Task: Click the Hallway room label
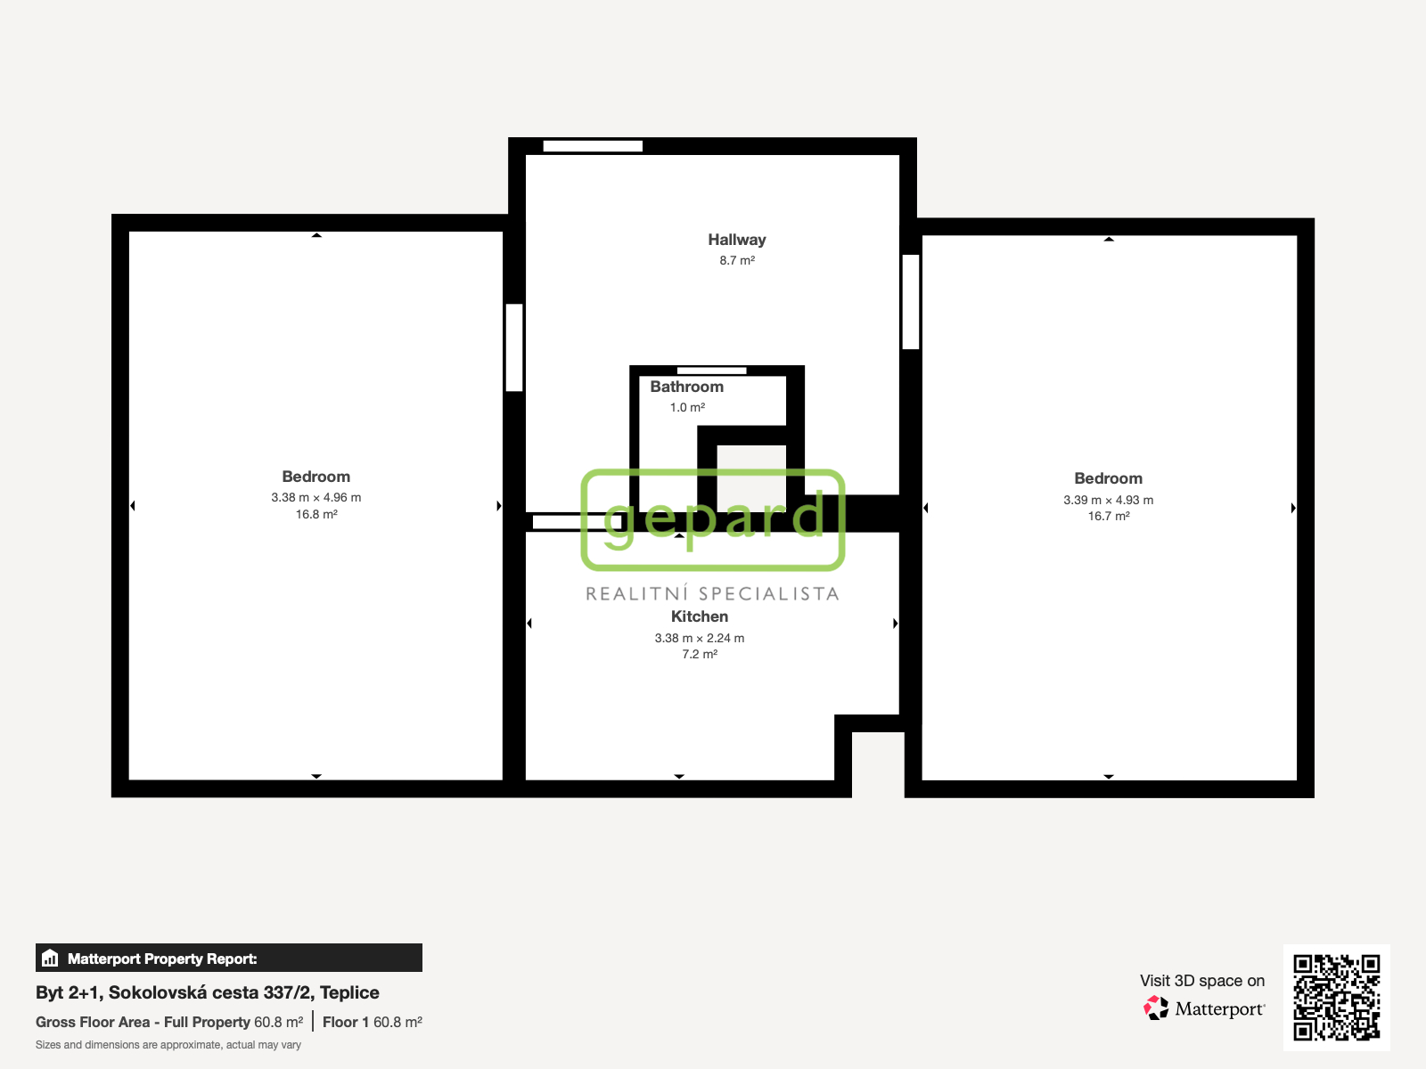737,240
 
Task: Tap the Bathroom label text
686,387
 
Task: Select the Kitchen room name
699,616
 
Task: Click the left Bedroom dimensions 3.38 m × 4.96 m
316,497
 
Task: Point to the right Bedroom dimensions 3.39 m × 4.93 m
1109,500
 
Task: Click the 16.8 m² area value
316,514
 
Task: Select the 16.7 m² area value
1109,516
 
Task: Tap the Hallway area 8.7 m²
737,260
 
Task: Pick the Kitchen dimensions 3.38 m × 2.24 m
699,638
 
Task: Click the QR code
1336,997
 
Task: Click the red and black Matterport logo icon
1156,1008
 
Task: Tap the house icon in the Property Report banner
50,958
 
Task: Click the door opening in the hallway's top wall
593,146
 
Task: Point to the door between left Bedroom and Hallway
514,347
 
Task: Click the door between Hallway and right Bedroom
910,302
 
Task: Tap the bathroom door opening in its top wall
711,371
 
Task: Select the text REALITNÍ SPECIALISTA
713,593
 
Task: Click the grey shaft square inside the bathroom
751,477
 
